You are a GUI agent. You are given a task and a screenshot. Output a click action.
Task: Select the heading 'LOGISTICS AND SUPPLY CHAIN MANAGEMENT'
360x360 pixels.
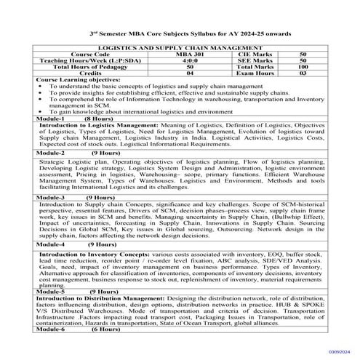180,47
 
